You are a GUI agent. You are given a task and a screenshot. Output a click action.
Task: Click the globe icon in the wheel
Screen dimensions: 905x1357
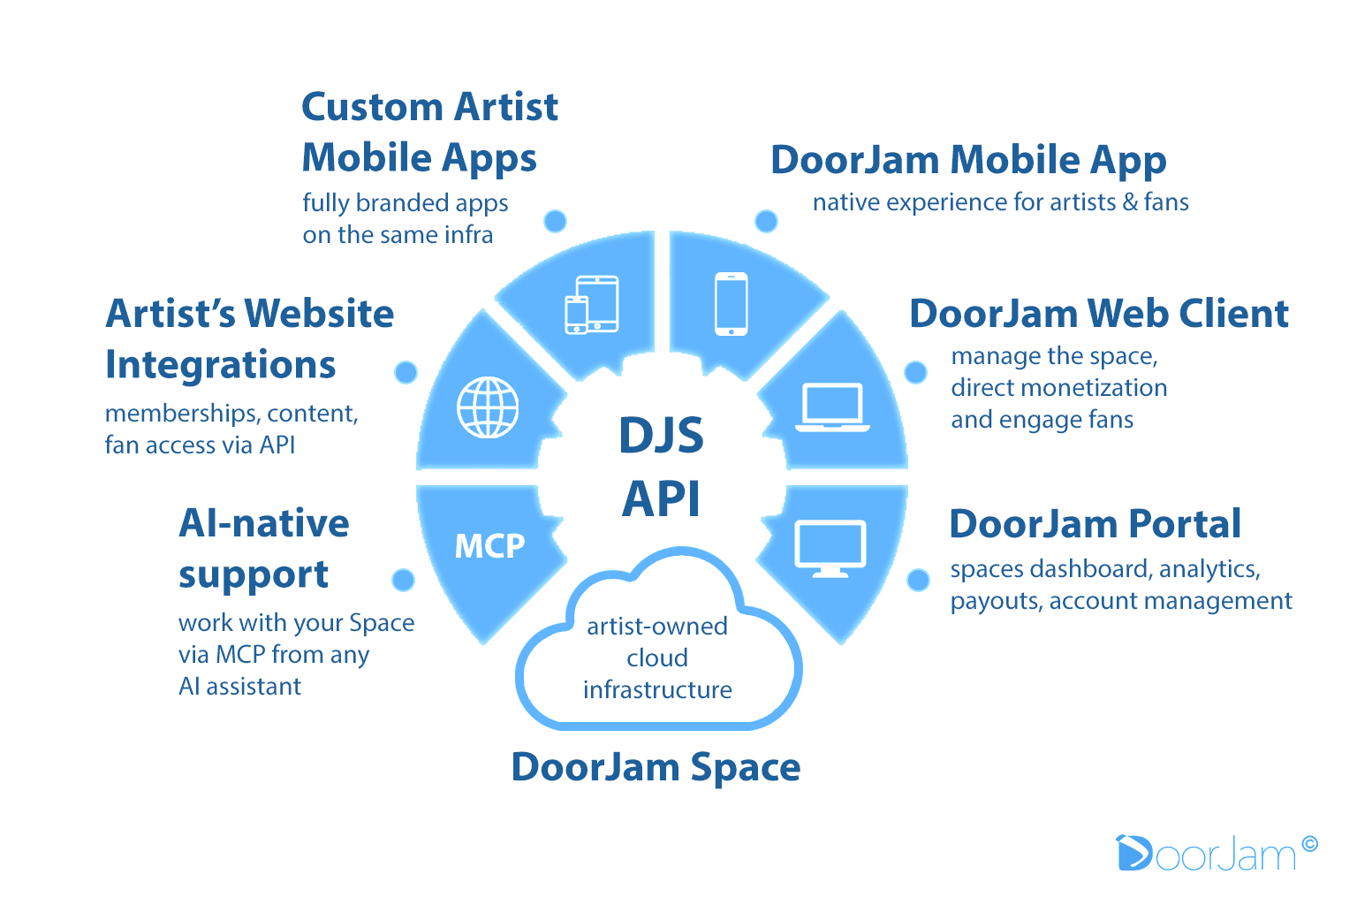point(488,407)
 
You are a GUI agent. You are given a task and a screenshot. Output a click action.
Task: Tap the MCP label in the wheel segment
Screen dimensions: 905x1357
point(489,546)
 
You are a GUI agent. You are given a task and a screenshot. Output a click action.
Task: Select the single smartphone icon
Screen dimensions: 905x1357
point(731,304)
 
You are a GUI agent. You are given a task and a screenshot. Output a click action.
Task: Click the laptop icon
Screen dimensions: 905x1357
point(832,407)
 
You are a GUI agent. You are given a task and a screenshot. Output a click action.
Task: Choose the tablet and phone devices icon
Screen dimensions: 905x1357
point(592,305)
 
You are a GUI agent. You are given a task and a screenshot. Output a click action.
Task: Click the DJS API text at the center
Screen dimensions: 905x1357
point(661,466)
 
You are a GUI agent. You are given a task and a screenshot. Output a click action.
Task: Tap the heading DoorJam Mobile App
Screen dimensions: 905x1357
point(968,160)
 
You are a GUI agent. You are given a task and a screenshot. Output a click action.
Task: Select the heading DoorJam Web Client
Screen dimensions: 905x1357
point(1098,314)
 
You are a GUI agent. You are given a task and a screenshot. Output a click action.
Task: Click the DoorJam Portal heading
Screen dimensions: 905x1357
point(1095,524)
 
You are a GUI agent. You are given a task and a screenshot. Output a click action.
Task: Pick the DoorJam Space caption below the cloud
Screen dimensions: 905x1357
point(656,767)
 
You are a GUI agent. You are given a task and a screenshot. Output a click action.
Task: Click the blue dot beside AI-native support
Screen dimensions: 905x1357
point(403,580)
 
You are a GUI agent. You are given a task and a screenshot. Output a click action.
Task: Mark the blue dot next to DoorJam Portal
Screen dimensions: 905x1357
point(919,580)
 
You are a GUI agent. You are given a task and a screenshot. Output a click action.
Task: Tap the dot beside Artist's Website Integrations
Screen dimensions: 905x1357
point(406,372)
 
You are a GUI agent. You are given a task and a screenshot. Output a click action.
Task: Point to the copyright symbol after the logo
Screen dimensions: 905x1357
point(1309,844)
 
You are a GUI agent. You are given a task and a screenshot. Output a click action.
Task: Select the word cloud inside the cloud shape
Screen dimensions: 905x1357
point(656,658)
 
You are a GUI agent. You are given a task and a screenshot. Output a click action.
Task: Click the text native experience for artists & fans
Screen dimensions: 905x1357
point(1000,202)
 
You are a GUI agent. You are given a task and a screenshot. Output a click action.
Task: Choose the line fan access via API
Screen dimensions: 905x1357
point(200,445)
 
